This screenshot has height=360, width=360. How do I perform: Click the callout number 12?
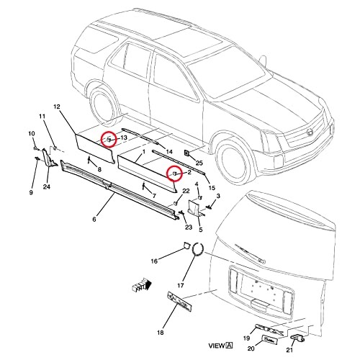point(57,107)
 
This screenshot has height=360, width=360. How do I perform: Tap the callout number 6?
point(94,219)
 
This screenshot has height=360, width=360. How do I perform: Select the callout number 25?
point(199,163)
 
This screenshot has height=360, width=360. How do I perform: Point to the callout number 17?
point(181,285)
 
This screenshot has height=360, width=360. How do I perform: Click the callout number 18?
point(161,333)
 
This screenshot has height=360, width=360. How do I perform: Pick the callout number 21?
point(289,350)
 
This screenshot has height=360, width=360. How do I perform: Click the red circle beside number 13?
point(109,139)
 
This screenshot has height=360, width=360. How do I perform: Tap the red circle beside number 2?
point(175,174)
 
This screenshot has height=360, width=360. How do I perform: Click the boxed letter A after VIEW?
point(230,346)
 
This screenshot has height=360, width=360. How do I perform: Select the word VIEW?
point(217,346)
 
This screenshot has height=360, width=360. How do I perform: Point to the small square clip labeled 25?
point(186,153)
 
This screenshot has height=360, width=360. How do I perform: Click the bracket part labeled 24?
point(49,158)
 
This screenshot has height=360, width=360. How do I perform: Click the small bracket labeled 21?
point(297,338)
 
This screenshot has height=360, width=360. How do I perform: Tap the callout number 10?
point(32,134)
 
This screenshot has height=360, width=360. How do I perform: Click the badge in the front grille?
point(310,132)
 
